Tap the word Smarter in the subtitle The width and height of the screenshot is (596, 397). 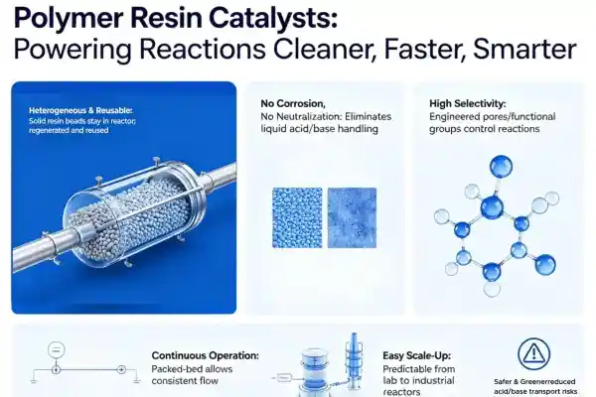click(x=524, y=49)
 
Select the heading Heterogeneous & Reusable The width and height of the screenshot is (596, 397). click(x=80, y=110)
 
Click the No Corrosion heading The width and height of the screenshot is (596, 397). click(x=293, y=103)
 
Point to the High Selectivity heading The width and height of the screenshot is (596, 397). click(x=468, y=103)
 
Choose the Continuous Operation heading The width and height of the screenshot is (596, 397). click(x=206, y=355)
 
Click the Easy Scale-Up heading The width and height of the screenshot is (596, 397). click(x=416, y=355)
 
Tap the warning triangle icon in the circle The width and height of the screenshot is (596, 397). click(x=534, y=354)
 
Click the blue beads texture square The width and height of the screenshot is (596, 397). click(x=297, y=217)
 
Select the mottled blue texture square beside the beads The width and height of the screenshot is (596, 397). click(x=352, y=217)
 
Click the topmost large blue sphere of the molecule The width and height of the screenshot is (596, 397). click(x=501, y=167)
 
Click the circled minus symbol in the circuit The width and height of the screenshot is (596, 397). click(x=57, y=350)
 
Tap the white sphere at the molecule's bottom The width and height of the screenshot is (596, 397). click(x=492, y=289)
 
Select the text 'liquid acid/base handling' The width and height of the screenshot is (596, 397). click(x=319, y=129)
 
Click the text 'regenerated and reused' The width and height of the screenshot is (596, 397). click(x=69, y=130)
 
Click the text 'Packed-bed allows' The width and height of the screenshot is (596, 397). click(x=192, y=369)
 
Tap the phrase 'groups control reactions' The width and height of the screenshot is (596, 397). click(x=485, y=129)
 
